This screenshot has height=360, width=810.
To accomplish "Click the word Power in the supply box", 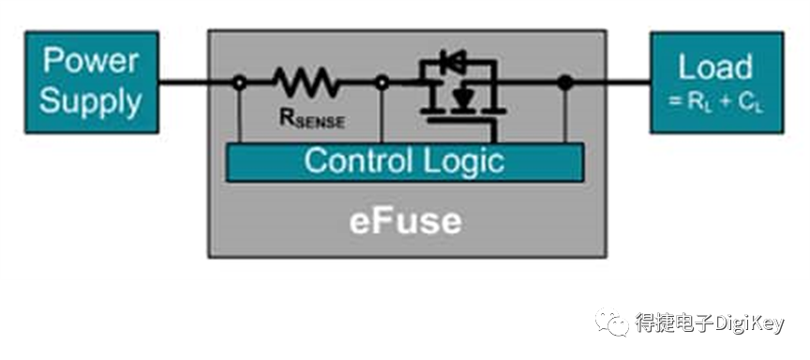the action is pos(90,61).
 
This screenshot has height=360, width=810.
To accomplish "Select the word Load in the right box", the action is pos(715,67).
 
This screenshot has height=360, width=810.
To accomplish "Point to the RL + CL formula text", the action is pos(715,102).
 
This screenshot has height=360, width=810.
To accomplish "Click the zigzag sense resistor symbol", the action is pos(307,82).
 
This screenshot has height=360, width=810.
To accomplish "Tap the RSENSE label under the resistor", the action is pos(311,119).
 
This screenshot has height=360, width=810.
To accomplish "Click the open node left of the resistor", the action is pos(239,82).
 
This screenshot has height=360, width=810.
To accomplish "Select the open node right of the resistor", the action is pos(382,82).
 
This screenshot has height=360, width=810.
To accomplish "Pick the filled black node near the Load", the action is pos(565,82).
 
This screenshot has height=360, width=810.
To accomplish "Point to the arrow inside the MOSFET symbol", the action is pos(462,97).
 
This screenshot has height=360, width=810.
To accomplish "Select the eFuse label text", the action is pos(406,221).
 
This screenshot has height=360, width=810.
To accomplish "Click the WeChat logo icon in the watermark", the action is pos(613,322).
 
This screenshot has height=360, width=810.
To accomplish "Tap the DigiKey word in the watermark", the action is pos(749,323).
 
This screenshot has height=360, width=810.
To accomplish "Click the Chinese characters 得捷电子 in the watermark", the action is pos(674,323).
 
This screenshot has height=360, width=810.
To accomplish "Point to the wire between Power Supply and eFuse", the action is pos(184,82).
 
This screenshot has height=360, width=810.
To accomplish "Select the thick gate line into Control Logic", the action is pos(494,131).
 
